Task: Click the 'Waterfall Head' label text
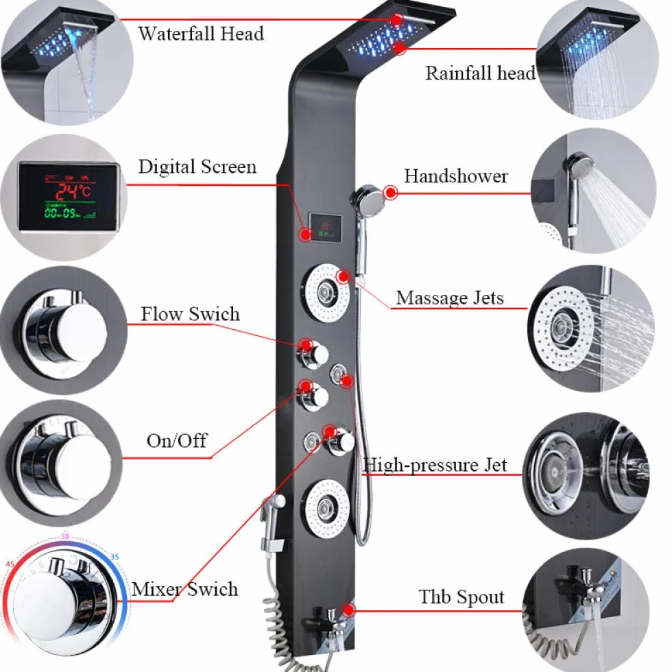pos(200,34)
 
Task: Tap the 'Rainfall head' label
pos(480,73)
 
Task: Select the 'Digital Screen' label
pos(197,166)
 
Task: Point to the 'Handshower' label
pos(456,176)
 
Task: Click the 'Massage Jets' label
pos(450,298)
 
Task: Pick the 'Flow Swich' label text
pos(191,314)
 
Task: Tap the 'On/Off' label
pos(177,440)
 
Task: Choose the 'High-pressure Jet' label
pos(435,465)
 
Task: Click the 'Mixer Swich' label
pos(184,589)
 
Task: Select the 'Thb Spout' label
pos(461,597)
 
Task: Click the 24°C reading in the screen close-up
pos(73,191)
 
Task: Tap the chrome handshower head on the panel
pos(368,199)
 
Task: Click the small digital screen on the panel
pos(326,227)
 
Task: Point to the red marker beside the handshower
pos(390,193)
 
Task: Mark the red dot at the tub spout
pos(349,610)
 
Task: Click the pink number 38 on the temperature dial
pos(64,536)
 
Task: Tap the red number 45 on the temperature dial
pos(10,564)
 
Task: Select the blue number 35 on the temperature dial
pos(115,557)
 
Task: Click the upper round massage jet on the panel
pos(325,293)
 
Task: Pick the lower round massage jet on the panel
pos(325,509)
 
